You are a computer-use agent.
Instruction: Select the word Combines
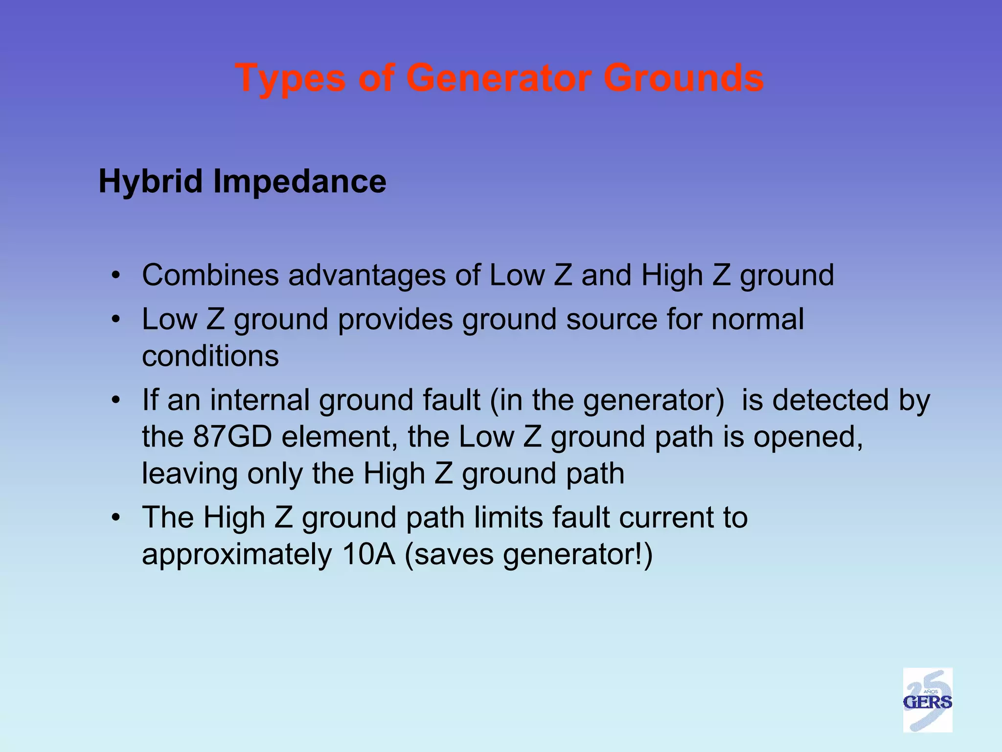click(x=210, y=275)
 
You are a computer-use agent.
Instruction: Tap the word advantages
click(x=367, y=275)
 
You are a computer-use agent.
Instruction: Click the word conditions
click(x=210, y=356)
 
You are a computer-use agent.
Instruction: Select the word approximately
click(x=237, y=556)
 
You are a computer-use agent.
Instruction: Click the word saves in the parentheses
click(x=455, y=555)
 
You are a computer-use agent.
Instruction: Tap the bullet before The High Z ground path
click(x=115, y=518)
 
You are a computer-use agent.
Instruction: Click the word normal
click(x=757, y=319)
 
